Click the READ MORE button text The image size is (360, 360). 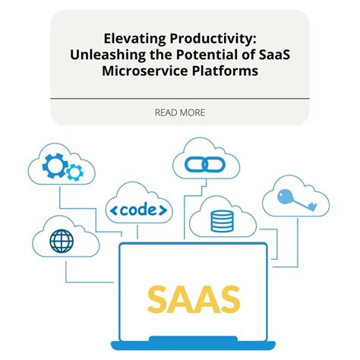pos(180,112)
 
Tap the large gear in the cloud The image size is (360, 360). pos(55,166)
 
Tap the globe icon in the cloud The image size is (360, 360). pos(61,240)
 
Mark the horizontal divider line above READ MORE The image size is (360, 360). pos(180,98)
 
